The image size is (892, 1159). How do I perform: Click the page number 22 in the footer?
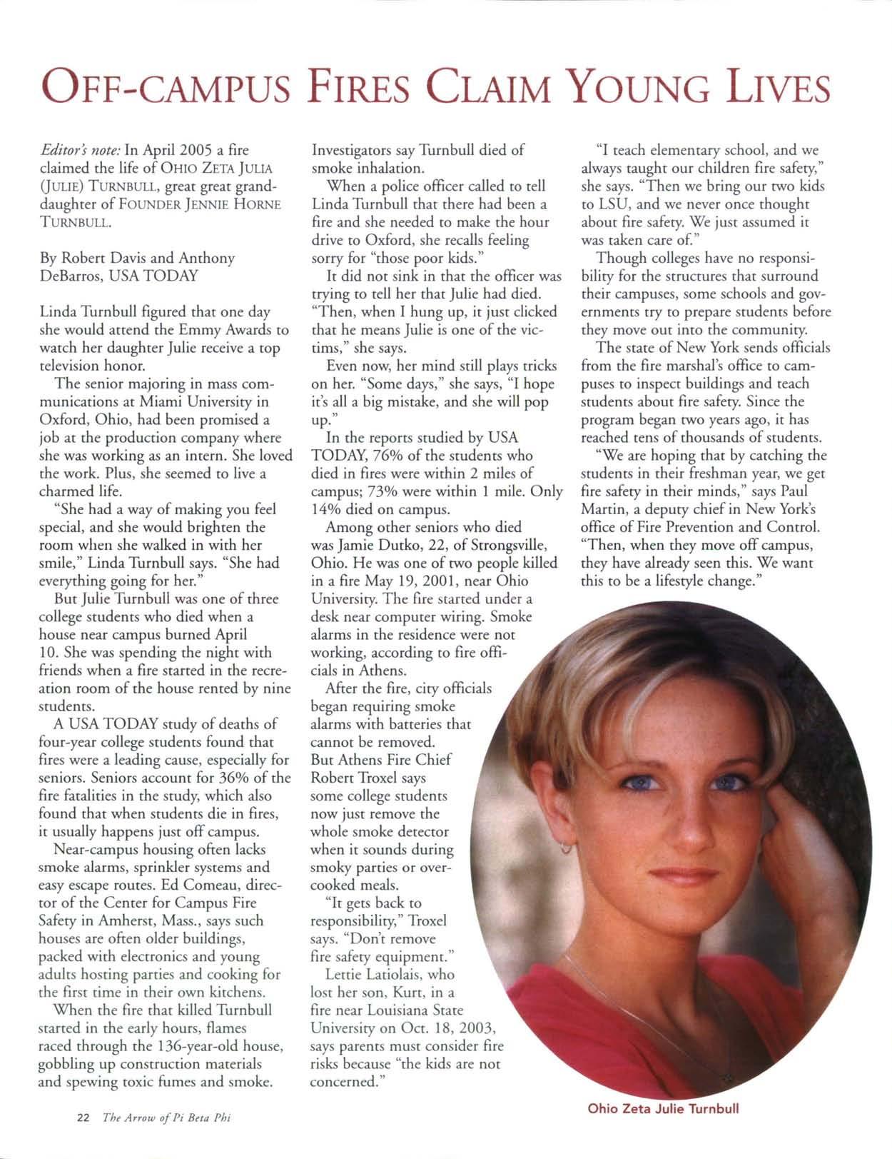click(82, 1118)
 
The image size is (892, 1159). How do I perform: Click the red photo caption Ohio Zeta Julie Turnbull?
click(663, 1108)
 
